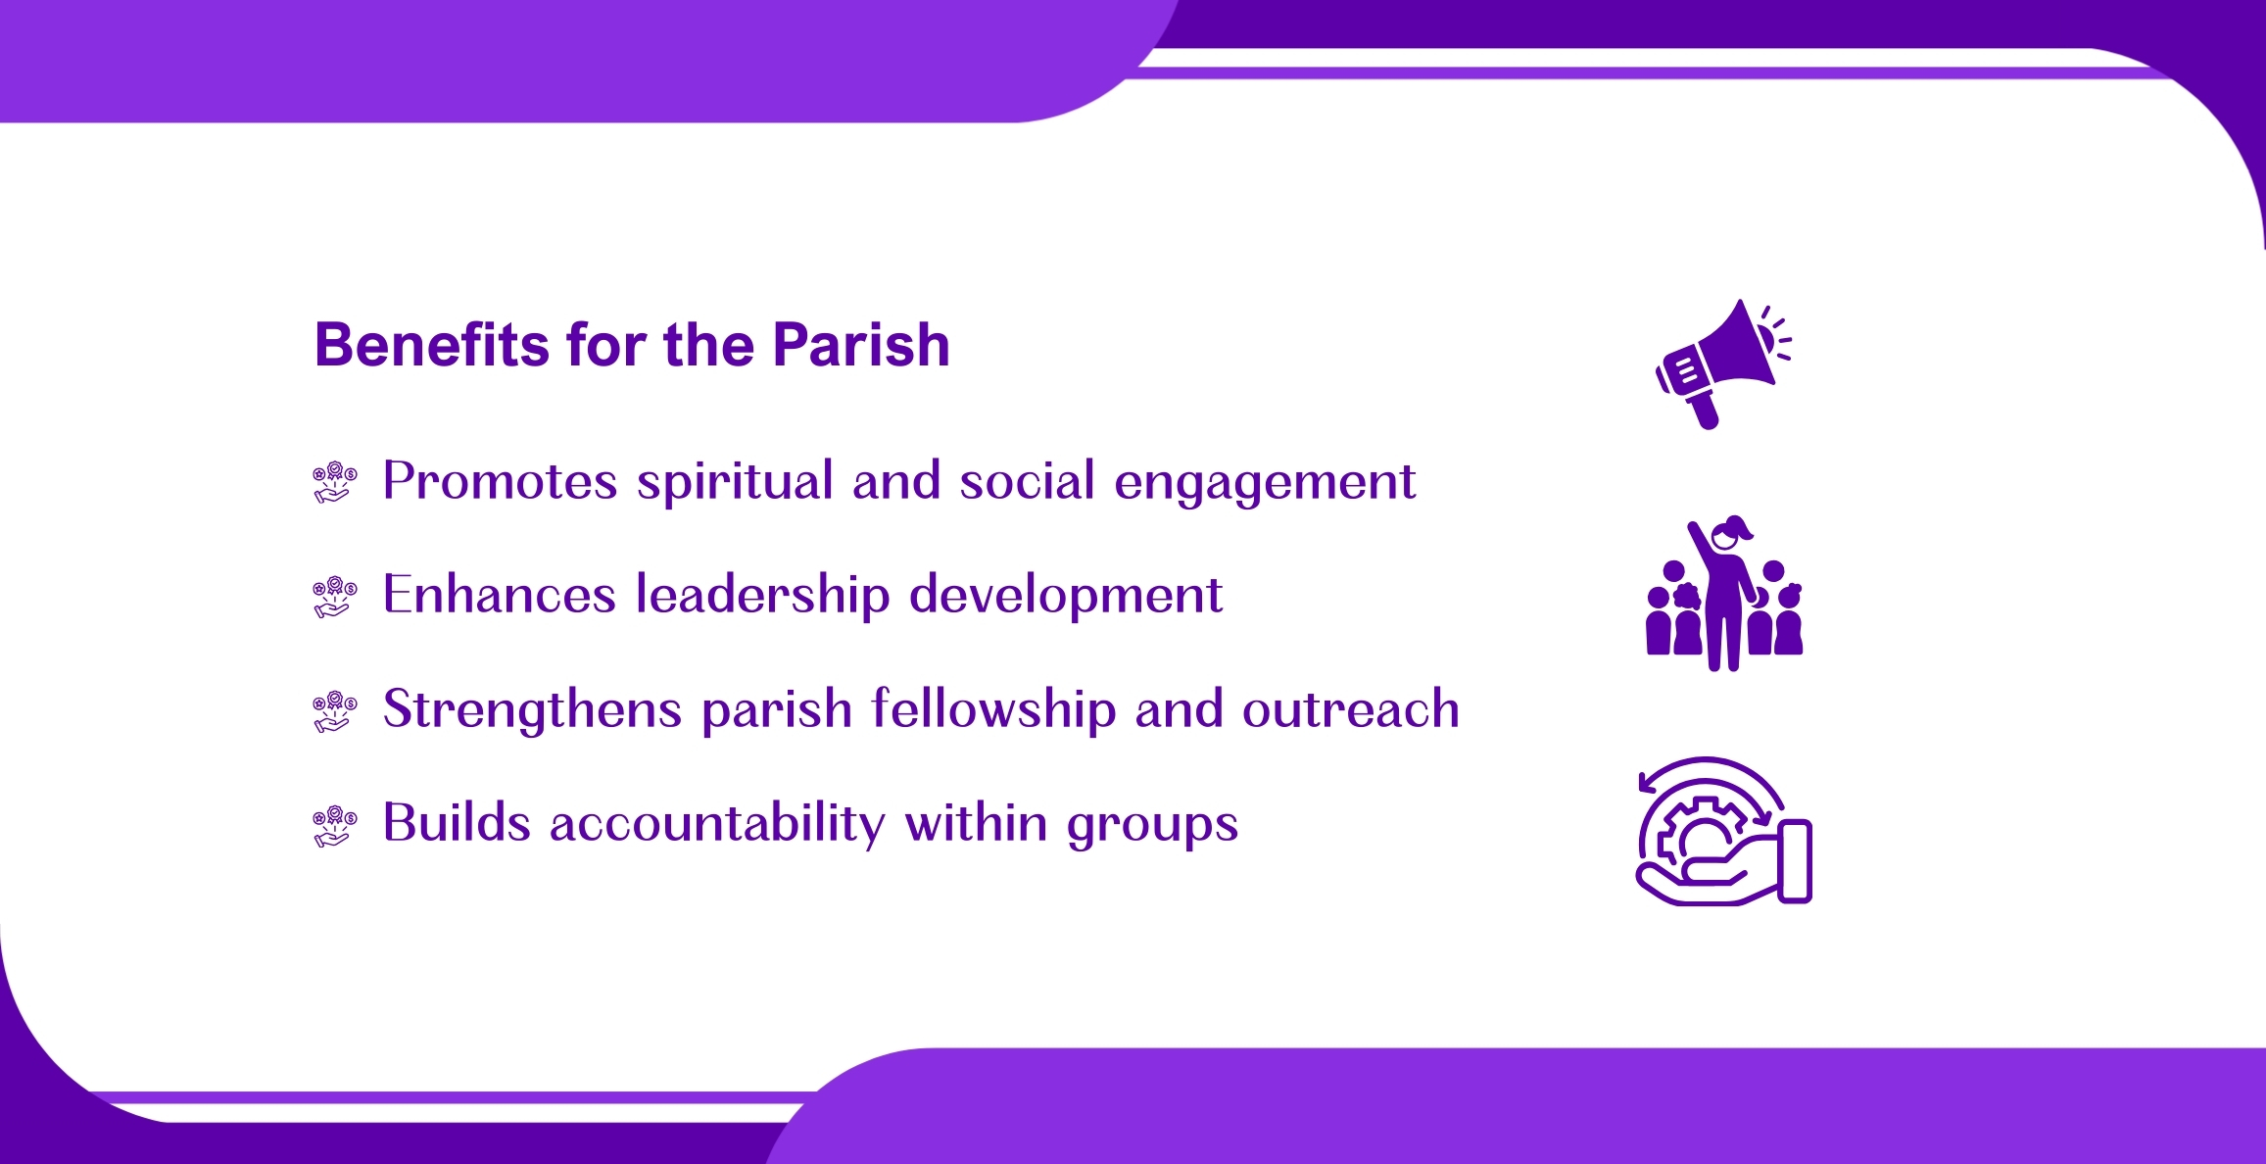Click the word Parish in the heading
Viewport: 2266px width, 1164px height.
861,345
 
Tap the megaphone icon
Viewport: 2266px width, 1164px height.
1723,364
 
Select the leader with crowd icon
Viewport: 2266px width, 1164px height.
1724,593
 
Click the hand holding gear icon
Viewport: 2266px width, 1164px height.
1724,831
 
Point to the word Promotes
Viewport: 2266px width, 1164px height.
500,481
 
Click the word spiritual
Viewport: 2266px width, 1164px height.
735,482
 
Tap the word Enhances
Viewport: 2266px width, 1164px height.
499,595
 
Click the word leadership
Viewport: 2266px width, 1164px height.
763,596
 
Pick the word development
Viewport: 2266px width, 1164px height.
1066,596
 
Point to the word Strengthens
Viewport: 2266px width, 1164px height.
532,708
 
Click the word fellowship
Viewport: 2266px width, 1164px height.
993,708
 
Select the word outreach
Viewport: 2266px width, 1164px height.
1351,709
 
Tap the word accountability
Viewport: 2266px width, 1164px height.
717,823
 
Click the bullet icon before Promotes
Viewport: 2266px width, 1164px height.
335,482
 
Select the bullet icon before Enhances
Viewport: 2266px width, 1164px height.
335,597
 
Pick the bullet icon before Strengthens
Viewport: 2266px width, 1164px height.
335,711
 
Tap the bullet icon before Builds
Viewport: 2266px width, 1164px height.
335,826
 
